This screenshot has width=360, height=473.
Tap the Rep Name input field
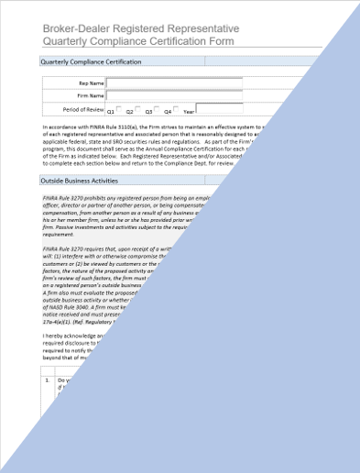pos(174,82)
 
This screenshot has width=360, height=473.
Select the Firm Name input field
pos(174,94)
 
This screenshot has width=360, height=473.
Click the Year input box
pos(219,108)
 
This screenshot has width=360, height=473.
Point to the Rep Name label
pos(90,82)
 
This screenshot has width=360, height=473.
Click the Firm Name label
pos(89,95)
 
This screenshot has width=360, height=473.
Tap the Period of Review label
pos(79,109)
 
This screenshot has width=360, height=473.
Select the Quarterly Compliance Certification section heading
pos(91,62)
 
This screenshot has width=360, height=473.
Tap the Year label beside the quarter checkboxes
pos(202,110)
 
